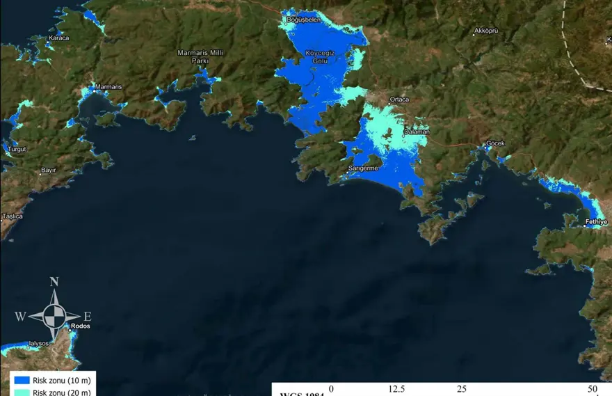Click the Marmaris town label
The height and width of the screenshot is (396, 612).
tap(108, 86)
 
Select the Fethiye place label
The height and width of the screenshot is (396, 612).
tap(597, 222)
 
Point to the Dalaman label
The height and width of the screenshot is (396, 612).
tap(417, 132)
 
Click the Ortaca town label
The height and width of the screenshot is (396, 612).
tap(399, 100)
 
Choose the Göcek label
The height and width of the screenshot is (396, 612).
tap(495, 143)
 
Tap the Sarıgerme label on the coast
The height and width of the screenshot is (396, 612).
tap(362, 168)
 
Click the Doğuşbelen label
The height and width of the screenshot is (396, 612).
tap(304, 19)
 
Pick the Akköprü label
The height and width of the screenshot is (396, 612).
tap(485, 31)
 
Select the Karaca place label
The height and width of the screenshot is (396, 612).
tap(59, 38)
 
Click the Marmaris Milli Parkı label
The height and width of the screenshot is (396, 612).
tap(193, 56)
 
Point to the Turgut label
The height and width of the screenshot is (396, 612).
tap(17, 150)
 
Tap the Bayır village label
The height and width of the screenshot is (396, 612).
tap(48, 170)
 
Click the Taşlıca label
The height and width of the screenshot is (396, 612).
tap(12, 216)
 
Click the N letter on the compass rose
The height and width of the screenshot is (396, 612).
tap(54, 282)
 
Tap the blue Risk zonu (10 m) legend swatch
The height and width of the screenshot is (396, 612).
tap(21, 380)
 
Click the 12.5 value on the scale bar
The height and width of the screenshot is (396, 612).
tap(396, 389)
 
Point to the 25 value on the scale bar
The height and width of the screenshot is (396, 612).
tap(462, 389)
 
